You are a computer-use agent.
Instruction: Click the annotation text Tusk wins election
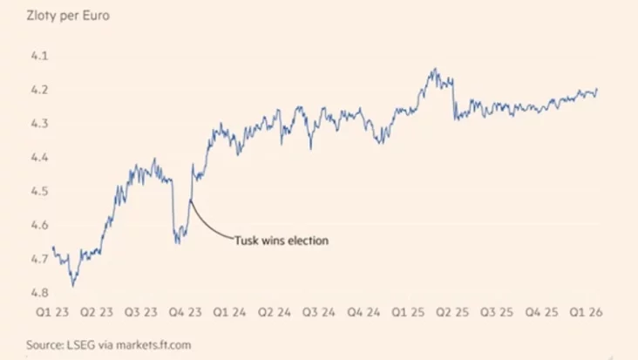pos(282,241)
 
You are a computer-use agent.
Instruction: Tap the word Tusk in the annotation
pos(246,241)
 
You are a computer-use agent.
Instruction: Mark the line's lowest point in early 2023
pos(73,284)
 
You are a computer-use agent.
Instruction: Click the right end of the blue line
pos(597,89)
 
